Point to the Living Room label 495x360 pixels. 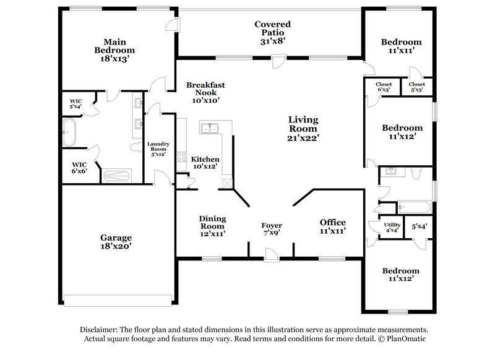[x=303, y=128]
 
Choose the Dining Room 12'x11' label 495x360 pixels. [x=212, y=226]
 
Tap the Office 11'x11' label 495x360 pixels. [x=332, y=226]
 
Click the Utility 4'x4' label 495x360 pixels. [x=392, y=227]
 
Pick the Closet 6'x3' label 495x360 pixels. [x=384, y=87]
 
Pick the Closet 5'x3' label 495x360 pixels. [x=417, y=87]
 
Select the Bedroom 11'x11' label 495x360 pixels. [x=402, y=46]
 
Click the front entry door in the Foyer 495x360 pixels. [x=270, y=253]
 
